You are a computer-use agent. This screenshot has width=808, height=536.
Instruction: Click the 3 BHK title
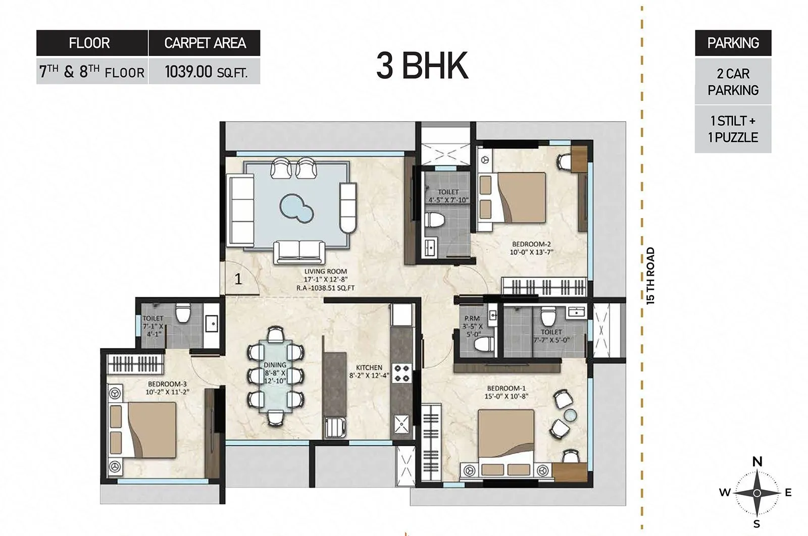point(422,67)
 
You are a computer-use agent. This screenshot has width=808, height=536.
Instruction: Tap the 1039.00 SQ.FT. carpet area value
point(206,72)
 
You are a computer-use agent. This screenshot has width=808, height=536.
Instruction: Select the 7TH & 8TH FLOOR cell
point(92,72)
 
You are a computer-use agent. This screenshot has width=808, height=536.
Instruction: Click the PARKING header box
point(733,43)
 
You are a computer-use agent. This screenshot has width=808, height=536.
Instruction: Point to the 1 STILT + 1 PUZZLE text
point(733,129)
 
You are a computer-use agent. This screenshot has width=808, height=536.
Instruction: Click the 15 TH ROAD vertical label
point(650,276)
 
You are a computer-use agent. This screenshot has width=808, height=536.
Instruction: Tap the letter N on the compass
point(757,461)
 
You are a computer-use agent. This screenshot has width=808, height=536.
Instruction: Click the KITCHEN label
point(369,367)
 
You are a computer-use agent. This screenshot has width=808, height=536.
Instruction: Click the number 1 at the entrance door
point(238,279)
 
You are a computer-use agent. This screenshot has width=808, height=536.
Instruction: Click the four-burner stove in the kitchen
point(402,373)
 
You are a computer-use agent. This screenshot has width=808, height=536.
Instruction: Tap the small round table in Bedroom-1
point(570,415)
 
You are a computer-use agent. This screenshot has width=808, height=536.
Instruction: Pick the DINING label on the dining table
point(275,365)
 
